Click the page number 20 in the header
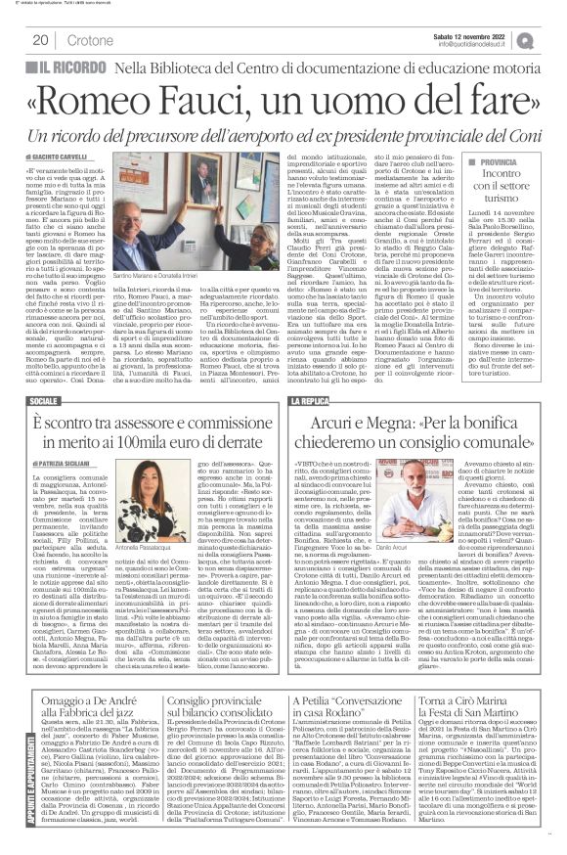point(41,40)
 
